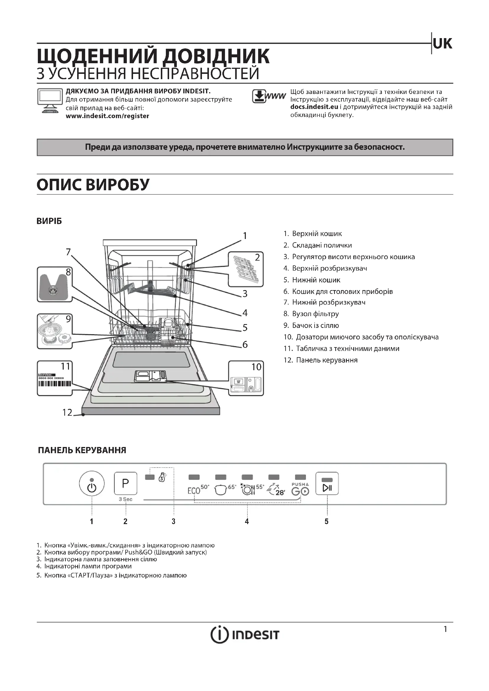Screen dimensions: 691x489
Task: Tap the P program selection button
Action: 126,483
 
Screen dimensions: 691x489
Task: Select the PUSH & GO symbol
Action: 300,490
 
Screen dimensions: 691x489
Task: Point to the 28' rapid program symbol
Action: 276,490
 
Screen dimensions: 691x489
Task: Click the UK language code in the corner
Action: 442,44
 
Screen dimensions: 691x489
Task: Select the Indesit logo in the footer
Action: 245,635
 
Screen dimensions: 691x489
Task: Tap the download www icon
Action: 268,96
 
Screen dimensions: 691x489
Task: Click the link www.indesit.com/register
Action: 108,116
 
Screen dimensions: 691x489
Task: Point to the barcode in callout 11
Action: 55,383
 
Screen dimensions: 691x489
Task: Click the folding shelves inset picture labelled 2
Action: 246,269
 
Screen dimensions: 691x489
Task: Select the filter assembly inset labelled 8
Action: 54,284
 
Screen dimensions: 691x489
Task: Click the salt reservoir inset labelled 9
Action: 54,332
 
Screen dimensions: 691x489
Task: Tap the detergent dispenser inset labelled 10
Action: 246,379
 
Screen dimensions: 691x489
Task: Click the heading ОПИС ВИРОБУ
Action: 93,184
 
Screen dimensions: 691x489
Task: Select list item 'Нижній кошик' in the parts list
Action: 316,280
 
